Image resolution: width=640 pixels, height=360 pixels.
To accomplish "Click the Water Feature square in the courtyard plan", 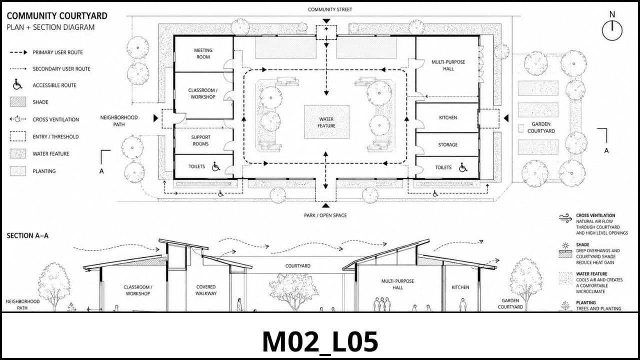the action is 326,122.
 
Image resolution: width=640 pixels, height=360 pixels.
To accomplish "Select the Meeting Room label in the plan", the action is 203,53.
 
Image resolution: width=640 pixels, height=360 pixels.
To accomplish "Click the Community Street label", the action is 329,9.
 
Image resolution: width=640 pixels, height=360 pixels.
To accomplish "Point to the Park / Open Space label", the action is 325,215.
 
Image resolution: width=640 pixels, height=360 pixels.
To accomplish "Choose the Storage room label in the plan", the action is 447,145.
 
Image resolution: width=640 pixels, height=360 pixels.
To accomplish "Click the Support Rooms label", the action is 200,140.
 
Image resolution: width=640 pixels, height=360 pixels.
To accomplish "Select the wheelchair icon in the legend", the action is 17,85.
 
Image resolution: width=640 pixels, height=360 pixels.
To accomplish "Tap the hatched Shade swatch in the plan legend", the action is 18,102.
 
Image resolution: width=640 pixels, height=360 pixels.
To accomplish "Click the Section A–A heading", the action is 27,235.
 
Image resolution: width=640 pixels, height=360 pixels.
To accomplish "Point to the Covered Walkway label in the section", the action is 206,290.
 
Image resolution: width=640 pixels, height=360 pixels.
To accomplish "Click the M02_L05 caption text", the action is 320,341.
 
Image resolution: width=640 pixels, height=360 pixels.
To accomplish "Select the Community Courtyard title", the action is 57,15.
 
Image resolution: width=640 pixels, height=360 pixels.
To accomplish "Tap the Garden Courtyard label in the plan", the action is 541,127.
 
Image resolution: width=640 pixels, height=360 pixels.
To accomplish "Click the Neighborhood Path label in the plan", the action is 119,121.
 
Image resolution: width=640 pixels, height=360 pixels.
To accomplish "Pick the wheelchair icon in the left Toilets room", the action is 216,166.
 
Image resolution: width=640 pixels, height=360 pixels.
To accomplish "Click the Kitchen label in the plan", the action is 447,117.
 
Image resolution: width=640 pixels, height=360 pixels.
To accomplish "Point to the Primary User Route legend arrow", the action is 18,52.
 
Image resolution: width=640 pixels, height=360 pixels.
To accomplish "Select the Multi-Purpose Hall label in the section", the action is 397,284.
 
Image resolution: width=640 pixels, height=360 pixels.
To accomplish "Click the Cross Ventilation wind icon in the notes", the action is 565,218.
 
